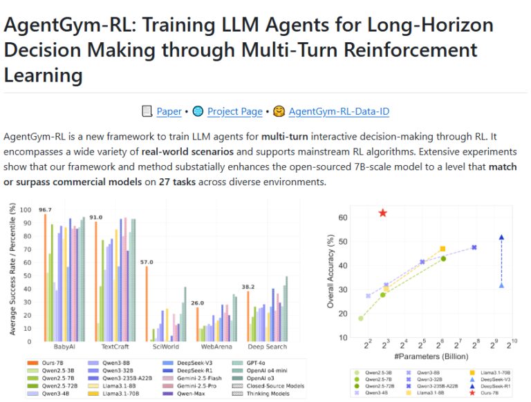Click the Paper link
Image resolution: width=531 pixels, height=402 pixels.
tap(169, 111)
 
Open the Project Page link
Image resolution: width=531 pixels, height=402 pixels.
tap(235, 111)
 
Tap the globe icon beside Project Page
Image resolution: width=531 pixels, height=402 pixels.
tap(198, 111)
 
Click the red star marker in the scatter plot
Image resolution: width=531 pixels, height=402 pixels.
tap(383, 213)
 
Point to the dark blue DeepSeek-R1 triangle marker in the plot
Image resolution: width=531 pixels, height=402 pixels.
tap(501, 238)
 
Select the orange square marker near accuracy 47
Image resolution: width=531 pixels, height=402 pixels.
tap(442, 249)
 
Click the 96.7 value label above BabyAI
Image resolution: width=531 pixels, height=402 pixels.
tap(46, 209)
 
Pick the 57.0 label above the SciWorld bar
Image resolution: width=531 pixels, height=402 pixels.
tap(146, 262)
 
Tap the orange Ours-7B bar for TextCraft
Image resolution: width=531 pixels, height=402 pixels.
tap(95, 281)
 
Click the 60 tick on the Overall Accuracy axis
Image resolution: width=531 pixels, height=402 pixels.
tap(343, 218)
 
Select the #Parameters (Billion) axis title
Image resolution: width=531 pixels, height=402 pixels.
tap(430, 356)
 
